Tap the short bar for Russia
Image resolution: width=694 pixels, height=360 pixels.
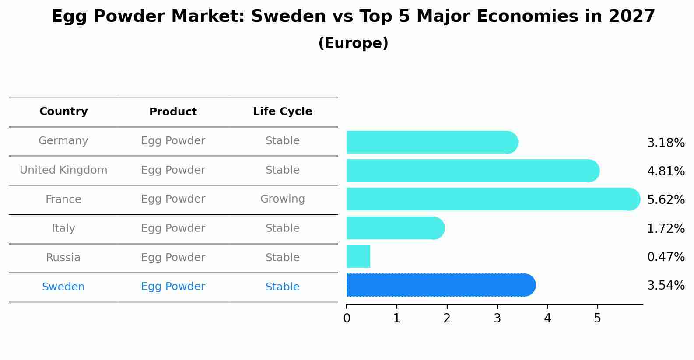358,256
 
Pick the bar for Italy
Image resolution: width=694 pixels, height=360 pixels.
395,228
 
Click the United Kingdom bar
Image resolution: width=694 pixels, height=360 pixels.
473,171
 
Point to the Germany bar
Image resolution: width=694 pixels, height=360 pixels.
432,142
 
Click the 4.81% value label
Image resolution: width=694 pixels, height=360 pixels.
666,171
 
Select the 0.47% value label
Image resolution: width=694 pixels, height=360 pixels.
666,257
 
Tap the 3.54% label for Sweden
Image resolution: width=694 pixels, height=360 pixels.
666,286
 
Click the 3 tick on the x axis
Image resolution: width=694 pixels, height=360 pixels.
497,318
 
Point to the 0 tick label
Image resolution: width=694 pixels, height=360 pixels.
347,318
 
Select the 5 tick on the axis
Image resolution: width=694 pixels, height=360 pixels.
597,318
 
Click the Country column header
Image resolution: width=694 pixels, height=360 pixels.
63,112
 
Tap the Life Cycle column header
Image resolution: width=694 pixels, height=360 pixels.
282,112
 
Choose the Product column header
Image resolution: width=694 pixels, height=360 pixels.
173,112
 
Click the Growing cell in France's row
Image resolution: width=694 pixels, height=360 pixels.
282,199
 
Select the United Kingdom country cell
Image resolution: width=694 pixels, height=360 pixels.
63,170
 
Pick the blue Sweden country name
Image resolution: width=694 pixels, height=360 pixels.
63,287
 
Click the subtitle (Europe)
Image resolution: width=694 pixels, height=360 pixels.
353,43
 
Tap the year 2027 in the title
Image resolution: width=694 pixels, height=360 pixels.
631,17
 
